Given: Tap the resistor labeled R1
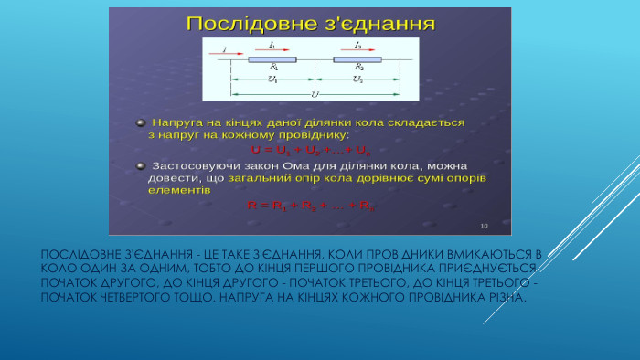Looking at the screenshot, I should [272, 60].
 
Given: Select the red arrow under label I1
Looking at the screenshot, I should [272, 50].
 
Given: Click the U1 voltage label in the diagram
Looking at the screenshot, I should [272, 79].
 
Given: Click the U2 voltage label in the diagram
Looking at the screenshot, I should [357, 79].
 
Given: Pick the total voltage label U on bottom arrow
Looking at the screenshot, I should [315, 93].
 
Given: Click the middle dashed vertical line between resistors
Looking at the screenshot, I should [315, 73].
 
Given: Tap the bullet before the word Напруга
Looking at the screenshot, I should [140, 122].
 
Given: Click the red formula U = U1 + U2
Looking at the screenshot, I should [311, 149].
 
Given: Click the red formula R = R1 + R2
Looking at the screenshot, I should [311, 206].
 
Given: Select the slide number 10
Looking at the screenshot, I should [484, 225].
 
